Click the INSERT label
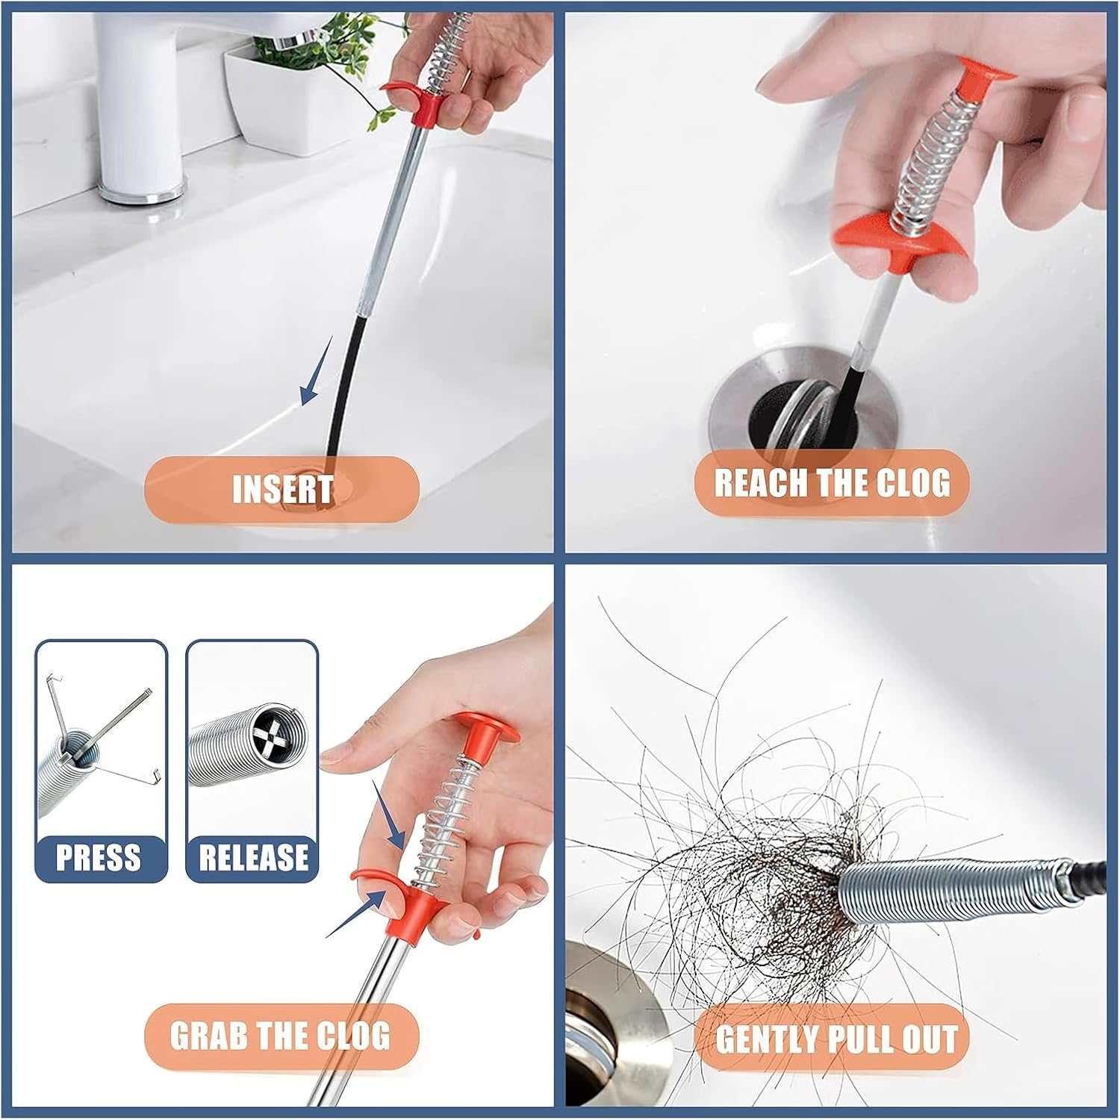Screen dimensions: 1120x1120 coord(281,490)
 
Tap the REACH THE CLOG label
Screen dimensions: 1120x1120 coord(832,482)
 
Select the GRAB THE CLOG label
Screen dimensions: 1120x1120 coord(281,1036)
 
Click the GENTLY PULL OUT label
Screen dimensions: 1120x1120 coord(836,1039)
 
